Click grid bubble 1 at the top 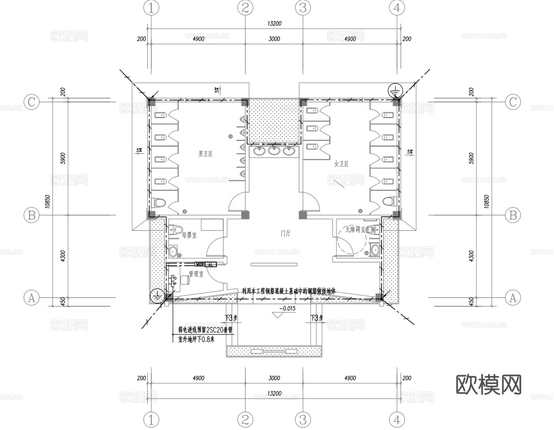click(x=151, y=8)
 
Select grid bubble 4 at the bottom click(x=397, y=419)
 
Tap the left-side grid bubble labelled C click(x=32, y=102)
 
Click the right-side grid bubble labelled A click(x=513, y=298)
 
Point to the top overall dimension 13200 click(x=274, y=23)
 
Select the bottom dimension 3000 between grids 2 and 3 click(x=274, y=379)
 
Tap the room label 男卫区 click(x=207, y=154)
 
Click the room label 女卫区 click(x=341, y=164)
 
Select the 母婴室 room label click(x=188, y=236)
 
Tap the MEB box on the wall click(x=200, y=265)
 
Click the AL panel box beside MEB click(x=210, y=265)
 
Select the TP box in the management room click(x=174, y=284)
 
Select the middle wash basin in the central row click(x=274, y=151)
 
